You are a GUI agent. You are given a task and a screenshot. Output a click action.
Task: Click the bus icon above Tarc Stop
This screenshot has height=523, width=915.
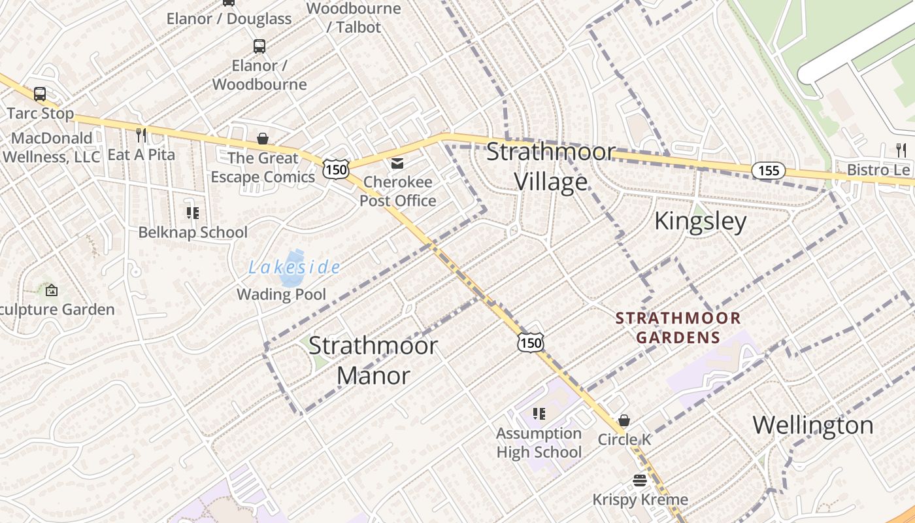[40, 93]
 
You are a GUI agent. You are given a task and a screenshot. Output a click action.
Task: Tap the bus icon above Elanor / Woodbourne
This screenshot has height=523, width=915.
[259, 46]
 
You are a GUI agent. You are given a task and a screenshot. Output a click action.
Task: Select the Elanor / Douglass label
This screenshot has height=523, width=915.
[229, 19]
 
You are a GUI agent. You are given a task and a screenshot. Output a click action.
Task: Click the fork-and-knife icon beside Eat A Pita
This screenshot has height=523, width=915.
[141, 135]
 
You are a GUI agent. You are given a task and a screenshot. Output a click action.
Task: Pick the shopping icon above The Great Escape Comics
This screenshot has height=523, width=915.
[263, 139]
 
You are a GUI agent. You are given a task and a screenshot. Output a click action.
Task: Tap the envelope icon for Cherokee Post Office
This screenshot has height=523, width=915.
[397, 163]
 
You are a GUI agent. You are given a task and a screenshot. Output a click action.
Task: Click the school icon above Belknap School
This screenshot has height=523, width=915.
[192, 212]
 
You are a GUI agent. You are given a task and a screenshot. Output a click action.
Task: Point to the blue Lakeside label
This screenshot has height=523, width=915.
[294, 267]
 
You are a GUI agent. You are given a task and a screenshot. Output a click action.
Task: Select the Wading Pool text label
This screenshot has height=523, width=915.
[281, 294]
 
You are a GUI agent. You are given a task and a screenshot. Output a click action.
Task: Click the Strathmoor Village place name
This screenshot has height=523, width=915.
[550, 167]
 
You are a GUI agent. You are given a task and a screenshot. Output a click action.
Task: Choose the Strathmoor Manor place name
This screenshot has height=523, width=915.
[373, 360]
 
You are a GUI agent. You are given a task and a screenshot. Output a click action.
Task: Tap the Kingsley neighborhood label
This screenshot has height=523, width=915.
[700, 221]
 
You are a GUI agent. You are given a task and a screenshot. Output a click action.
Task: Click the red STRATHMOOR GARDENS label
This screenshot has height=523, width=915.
[678, 328]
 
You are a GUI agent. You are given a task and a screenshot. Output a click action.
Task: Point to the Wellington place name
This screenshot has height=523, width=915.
[813, 425]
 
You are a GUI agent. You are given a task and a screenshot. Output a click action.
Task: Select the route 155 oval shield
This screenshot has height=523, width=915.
[768, 171]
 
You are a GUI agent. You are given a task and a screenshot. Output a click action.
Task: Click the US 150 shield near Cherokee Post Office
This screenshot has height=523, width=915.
[335, 169]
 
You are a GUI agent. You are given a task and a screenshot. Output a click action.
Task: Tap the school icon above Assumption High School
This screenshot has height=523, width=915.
[539, 413]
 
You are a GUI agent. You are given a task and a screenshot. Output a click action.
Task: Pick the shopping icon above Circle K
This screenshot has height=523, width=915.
[624, 420]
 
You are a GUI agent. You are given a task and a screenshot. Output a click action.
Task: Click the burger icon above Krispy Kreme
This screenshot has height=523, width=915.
[640, 481]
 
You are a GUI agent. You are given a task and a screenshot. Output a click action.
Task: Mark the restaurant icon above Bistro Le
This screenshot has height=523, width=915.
[902, 150]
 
